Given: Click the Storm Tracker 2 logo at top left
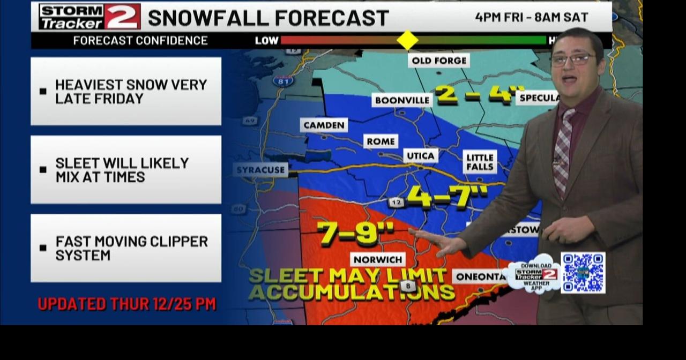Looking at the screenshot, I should [x=90, y=17].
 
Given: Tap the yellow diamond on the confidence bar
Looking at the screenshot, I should [x=407, y=40].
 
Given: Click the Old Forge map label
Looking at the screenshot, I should [x=438, y=61].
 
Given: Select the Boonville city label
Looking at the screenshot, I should [x=402, y=100].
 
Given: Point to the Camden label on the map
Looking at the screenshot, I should [x=324, y=125].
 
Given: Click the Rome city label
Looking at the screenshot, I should [x=381, y=141].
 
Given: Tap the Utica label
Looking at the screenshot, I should [x=421, y=155].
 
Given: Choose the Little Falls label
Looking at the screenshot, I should [x=480, y=162].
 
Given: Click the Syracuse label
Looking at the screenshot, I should [x=261, y=170].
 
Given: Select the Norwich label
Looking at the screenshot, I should [x=378, y=259].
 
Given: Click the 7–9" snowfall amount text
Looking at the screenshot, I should [x=355, y=233].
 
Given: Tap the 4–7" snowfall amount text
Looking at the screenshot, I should [x=447, y=197].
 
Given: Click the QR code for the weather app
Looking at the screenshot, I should [x=583, y=273].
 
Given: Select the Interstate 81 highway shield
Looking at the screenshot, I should [x=283, y=81].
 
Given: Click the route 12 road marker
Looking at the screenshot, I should [x=397, y=202].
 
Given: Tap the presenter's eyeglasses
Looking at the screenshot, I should [x=572, y=59].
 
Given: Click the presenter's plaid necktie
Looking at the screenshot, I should [x=563, y=153].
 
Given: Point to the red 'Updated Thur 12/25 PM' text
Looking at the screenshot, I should [x=126, y=304].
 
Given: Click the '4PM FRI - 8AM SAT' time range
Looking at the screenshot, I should [x=531, y=17].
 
